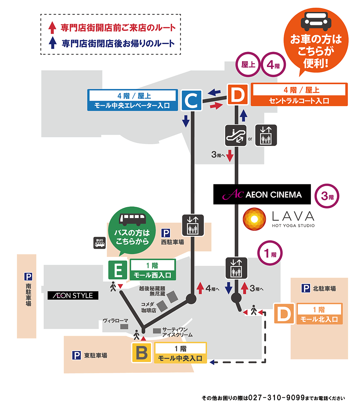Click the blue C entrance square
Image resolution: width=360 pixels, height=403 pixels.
click(x=191, y=101)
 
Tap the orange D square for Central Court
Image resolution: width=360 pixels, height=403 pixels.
click(x=238, y=94)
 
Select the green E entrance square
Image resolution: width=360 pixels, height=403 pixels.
click(x=118, y=270)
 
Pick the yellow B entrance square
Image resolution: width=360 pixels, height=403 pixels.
click(x=142, y=353)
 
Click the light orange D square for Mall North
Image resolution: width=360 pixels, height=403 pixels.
click(x=284, y=314)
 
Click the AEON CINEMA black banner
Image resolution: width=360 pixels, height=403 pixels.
click(x=262, y=194)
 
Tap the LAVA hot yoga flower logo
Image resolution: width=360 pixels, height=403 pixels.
click(x=254, y=219)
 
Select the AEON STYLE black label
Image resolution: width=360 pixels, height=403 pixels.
click(x=73, y=296)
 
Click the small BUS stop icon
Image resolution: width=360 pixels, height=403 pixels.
click(x=99, y=243)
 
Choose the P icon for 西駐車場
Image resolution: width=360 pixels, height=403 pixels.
click(x=165, y=232)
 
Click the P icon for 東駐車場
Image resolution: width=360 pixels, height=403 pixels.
click(x=76, y=356)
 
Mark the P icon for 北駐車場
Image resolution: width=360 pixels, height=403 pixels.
click(x=306, y=289)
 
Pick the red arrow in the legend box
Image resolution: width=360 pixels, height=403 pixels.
click(x=52, y=27)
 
